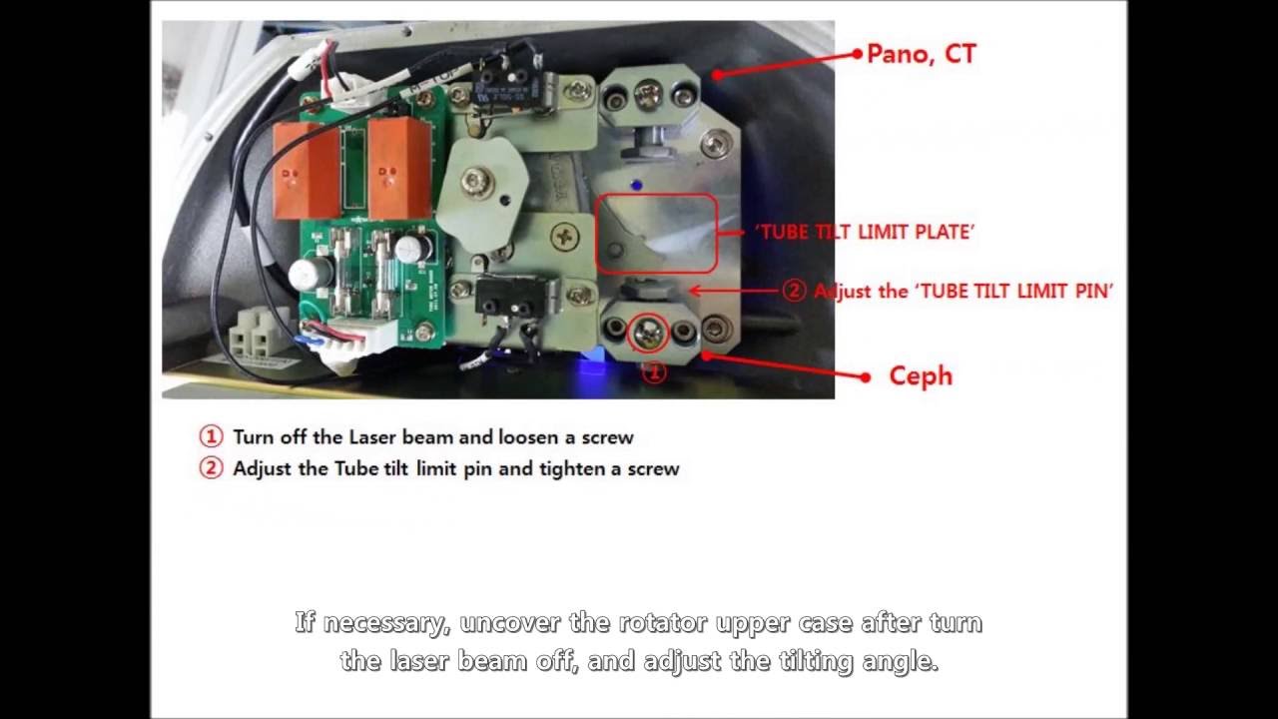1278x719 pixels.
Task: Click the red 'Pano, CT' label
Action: point(921,54)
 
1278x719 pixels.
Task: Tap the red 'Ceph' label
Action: point(921,376)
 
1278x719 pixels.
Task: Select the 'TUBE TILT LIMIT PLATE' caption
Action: point(865,232)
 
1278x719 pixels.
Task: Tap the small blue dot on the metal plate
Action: point(637,185)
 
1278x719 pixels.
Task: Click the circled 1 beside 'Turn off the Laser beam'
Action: point(211,437)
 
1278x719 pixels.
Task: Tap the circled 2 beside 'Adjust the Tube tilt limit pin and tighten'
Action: point(211,468)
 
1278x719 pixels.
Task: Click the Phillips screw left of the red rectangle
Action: point(566,237)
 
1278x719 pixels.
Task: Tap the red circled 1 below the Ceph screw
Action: point(654,372)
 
